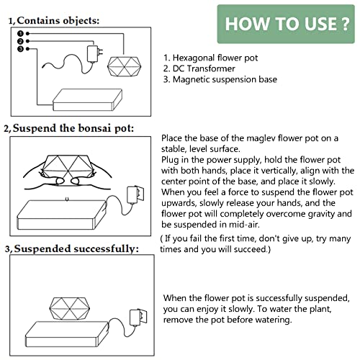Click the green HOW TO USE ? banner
[287, 22]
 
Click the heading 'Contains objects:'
[58, 21]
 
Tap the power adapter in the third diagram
[139, 318]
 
